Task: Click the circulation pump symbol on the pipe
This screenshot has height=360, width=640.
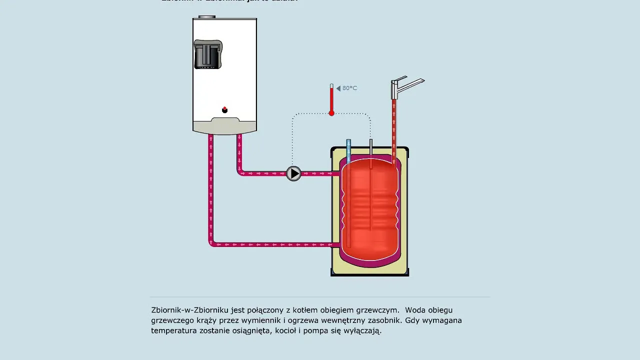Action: (293, 173)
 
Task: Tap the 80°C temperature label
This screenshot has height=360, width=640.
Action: (349, 88)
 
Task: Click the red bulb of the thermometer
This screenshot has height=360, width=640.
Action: (331, 113)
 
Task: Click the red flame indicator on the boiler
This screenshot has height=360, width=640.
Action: (224, 109)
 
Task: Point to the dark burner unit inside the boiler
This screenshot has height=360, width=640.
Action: (207, 54)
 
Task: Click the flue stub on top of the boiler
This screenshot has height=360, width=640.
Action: (206, 17)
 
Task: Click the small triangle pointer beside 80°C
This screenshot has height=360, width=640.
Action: (338, 88)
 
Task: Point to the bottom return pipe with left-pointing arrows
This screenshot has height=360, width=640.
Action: (270, 244)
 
